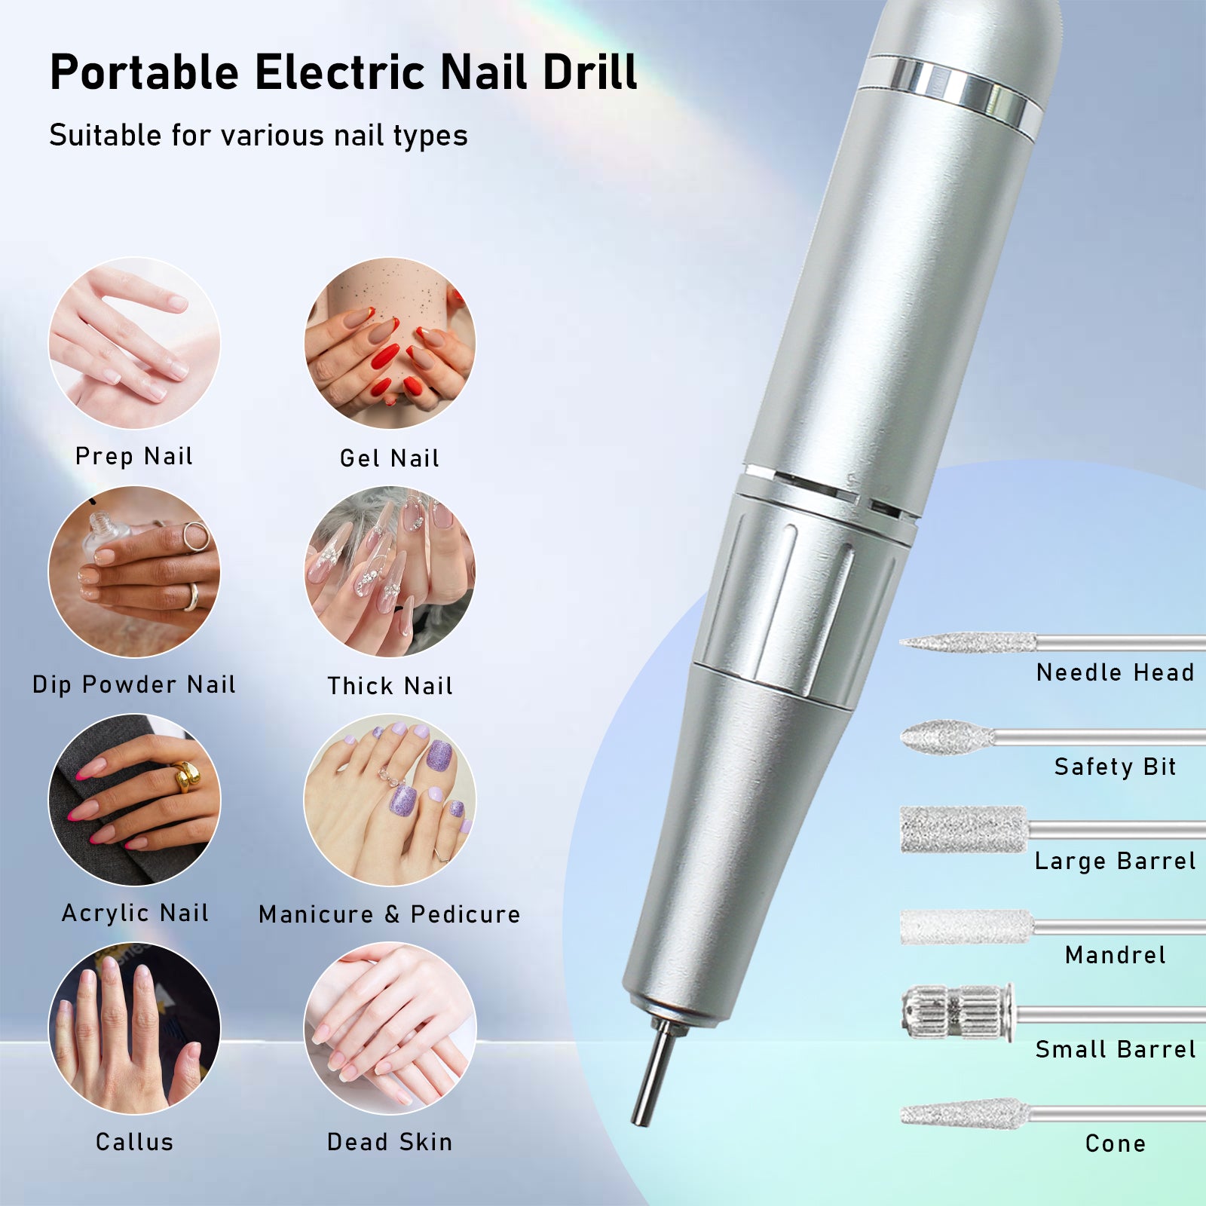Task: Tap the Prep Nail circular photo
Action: point(135,344)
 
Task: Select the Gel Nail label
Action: point(390,458)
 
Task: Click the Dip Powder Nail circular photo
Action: point(135,572)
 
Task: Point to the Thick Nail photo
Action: point(390,572)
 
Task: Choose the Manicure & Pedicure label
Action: point(390,914)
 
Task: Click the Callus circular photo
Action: point(135,1028)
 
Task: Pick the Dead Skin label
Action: point(390,1142)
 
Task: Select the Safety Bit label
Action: point(1116,767)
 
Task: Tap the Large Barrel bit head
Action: point(964,829)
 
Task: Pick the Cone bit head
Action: point(965,1113)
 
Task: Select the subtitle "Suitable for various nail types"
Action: point(259,136)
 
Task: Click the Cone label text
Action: point(1116,1143)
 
